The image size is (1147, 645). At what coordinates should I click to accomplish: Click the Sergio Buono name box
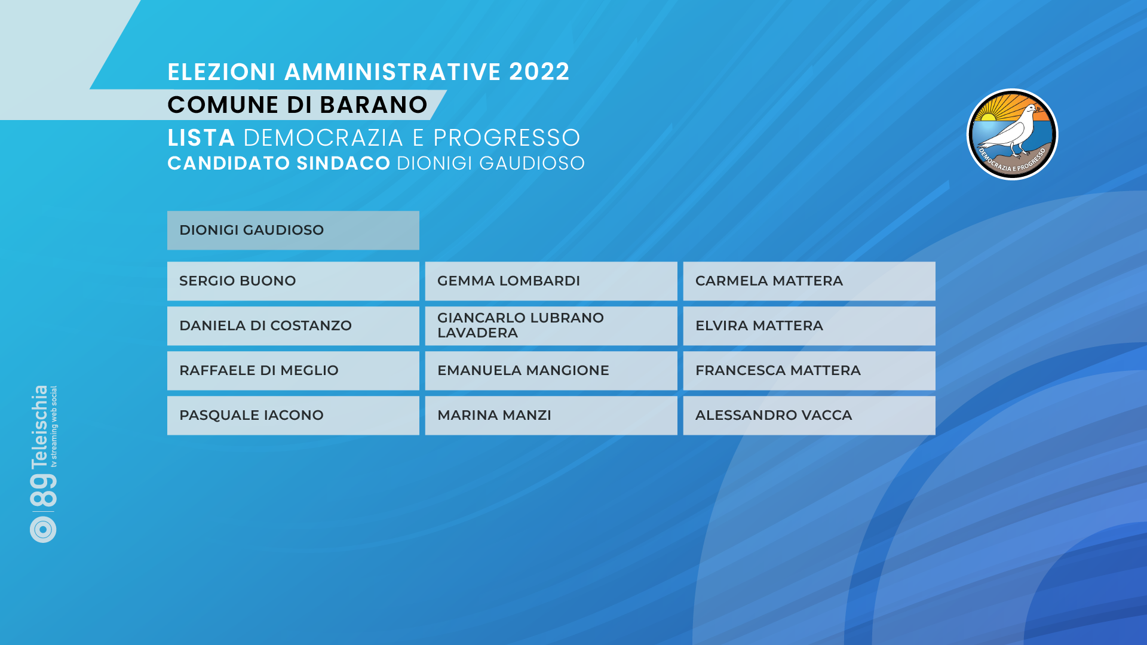293,281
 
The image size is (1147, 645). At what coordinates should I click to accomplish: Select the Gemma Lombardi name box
551,281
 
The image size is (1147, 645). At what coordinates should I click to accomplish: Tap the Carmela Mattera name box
809,281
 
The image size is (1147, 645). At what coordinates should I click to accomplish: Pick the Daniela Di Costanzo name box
293,325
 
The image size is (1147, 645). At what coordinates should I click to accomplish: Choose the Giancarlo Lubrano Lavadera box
551,325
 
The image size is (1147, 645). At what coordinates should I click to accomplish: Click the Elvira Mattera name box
809,325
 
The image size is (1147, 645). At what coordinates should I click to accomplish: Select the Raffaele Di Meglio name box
293,370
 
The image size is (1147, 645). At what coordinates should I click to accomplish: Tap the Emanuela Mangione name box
551,370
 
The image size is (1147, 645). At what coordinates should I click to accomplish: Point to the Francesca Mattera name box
809,370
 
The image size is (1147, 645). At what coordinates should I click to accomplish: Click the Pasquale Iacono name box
293,415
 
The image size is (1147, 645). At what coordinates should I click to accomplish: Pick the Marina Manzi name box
551,415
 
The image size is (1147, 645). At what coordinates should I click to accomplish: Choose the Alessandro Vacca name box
809,415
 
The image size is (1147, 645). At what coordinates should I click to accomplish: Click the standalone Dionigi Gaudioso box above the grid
293,230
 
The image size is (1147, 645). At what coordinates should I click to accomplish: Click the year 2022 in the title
539,72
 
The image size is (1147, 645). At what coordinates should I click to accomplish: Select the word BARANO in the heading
373,105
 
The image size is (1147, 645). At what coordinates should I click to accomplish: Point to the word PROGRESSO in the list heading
507,138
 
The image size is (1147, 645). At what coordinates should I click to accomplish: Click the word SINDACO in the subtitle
344,163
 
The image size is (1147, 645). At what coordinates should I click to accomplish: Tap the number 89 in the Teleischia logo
43,491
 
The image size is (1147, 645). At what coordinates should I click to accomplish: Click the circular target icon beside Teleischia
43,529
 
